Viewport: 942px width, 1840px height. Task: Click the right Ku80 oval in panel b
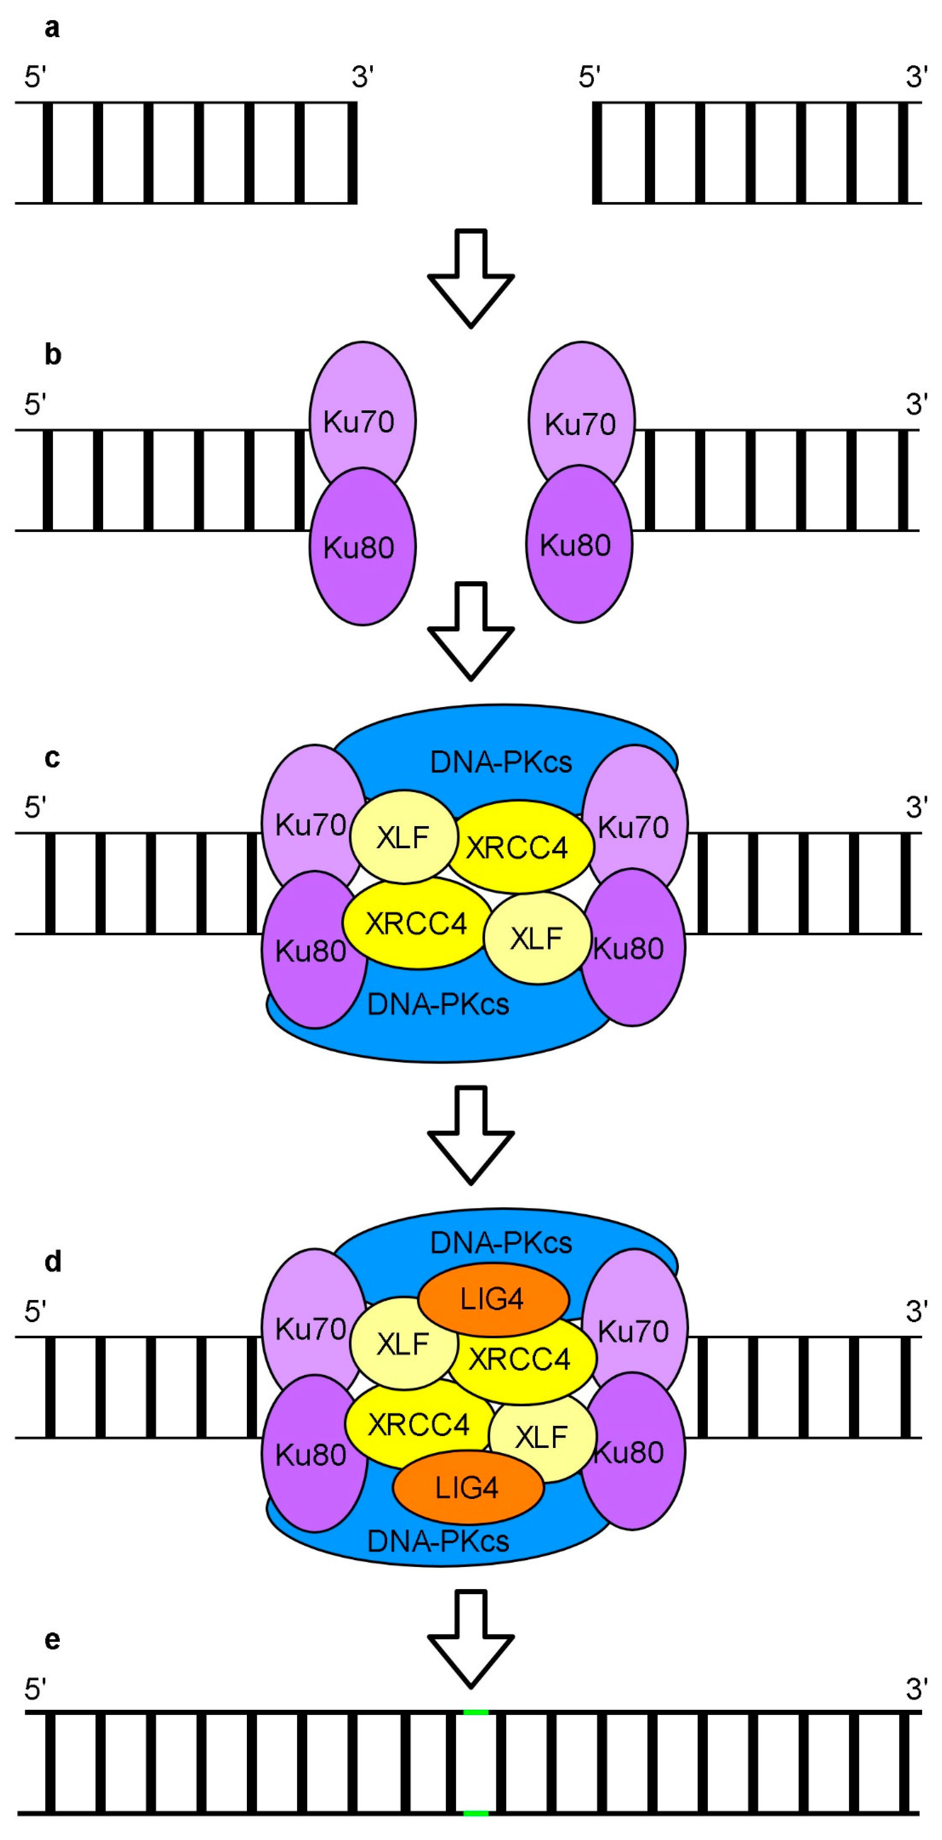(x=579, y=545)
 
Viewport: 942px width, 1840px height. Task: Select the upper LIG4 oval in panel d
(x=493, y=1299)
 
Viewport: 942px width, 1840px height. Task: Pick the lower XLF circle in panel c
(x=537, y=938)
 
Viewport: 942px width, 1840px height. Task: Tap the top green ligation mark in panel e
(x=476, y=1713)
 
